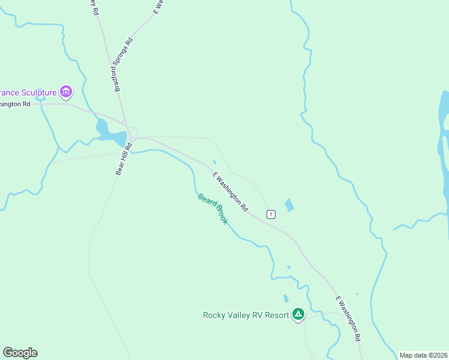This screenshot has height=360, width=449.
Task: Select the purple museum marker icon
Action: (66, 92)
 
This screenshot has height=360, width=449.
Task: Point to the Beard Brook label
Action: (213, 209)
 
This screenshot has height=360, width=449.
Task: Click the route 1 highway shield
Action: (271, 214)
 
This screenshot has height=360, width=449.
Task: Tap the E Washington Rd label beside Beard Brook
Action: (231, 191)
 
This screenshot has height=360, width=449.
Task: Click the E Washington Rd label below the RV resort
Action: (348, 319)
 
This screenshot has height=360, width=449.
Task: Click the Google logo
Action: (20, 353)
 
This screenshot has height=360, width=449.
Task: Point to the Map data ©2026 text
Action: (423, 355)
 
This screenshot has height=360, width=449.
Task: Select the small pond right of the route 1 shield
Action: (289, 205)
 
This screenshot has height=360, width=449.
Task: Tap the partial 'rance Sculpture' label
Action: (28, 92)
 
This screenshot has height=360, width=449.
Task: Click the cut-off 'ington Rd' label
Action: (15, 104)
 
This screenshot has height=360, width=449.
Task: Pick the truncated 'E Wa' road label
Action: (158, 7)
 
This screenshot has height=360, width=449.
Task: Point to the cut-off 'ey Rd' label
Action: (94, 8)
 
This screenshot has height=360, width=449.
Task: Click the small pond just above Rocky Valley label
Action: (286, 298)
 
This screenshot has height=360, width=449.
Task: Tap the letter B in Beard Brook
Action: (200, 197)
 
